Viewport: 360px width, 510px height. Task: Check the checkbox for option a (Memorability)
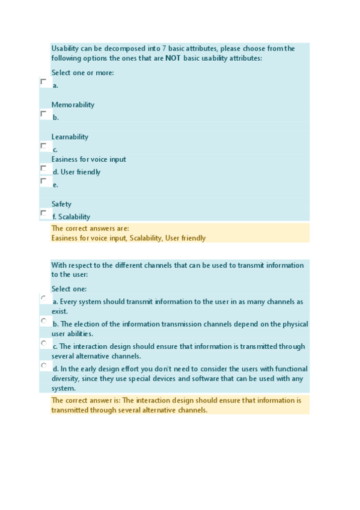click(43, 81)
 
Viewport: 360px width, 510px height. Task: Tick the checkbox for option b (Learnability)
click(43, 113)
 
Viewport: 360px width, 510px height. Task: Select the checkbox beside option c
click(43, 146)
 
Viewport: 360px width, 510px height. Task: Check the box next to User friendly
click(43, 168)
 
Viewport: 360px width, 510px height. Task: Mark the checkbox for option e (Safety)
click(43, 180)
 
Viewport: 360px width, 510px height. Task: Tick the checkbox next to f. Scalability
click(43, 213)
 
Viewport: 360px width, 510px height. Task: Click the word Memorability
click(73, 105)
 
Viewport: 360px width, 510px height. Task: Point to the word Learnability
click(70, 137)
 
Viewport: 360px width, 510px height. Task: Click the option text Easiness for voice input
click(88, 159)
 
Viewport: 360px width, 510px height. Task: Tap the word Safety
click(61, 204)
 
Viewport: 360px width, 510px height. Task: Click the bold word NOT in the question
click(173, 58)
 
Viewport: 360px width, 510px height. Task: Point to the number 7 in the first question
click(164, 49)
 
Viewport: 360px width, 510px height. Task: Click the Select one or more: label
click(82, 73)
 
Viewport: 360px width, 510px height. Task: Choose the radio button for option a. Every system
click(44, 298)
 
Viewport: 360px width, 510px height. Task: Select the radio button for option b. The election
click(44, 321)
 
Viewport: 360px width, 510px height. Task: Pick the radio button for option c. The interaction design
click(44, 343)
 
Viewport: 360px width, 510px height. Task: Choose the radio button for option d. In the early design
click(44, 366)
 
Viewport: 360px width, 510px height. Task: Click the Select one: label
click(69, 289)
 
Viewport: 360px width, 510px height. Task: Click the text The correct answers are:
click(90, 229)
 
